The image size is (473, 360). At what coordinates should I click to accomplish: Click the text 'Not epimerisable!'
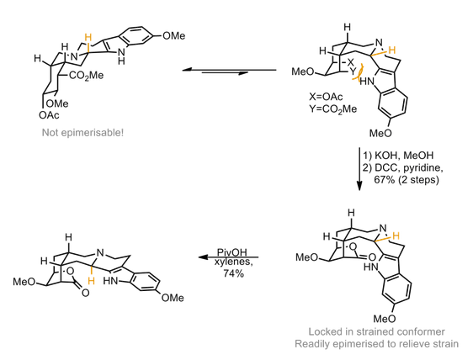tap(82, 133)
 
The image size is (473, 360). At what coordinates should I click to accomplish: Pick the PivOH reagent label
tap(226, 251)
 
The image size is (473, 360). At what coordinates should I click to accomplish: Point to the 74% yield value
tap(226, 274)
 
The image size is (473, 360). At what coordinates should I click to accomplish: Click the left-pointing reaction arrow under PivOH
tap(226, 258)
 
